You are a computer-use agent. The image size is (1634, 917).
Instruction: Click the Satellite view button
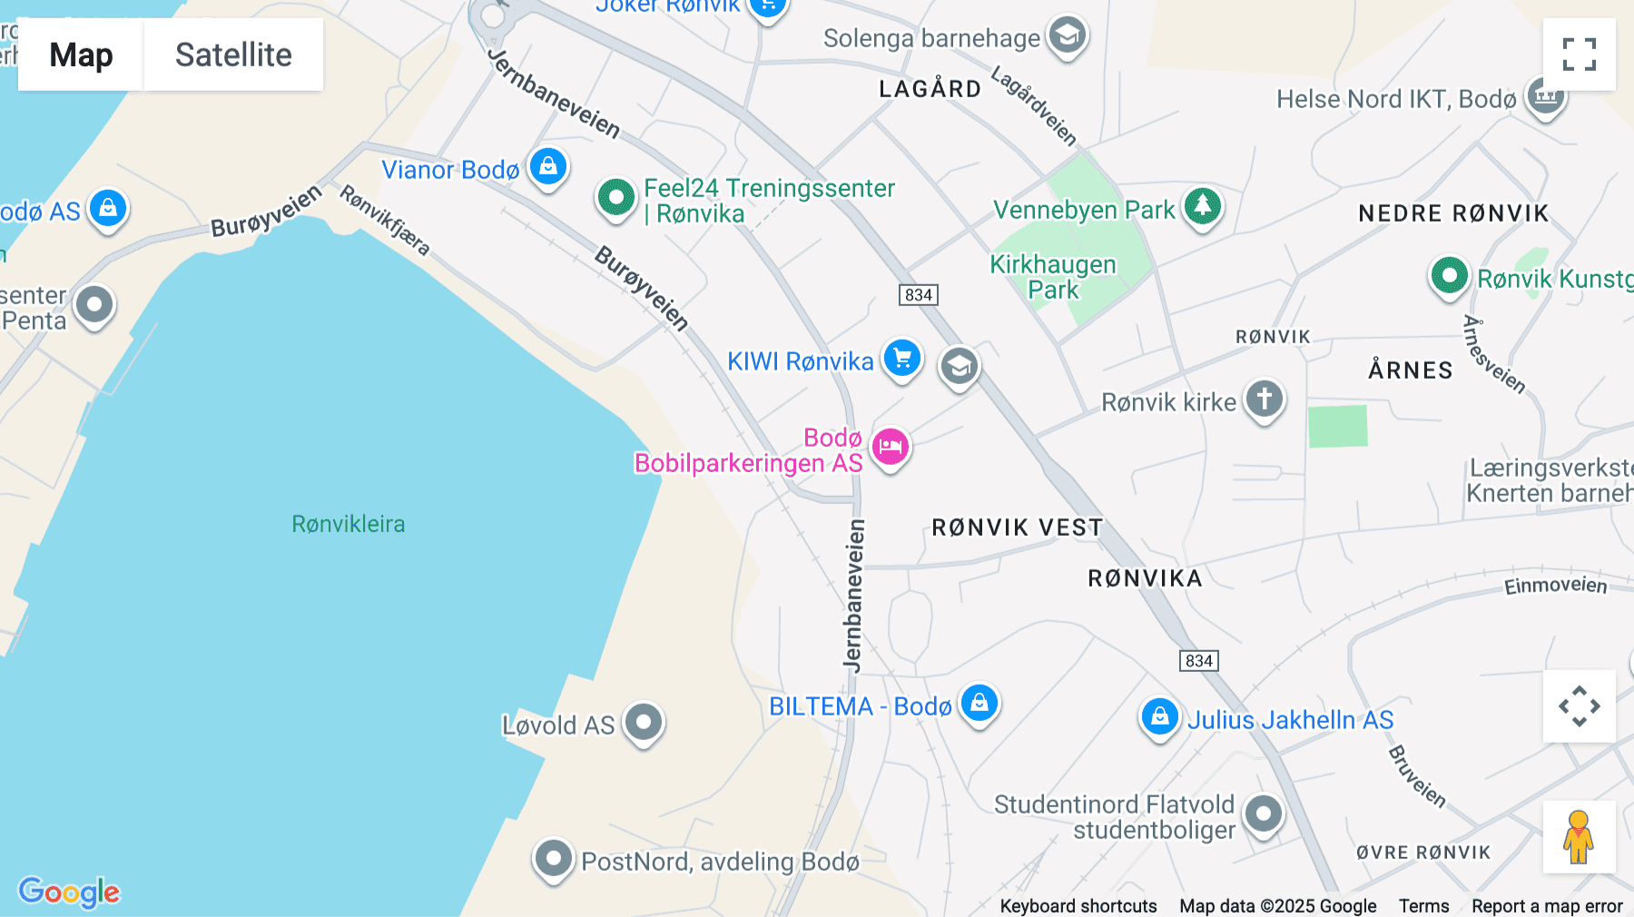point(233,54)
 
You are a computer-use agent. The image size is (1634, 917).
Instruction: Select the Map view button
point(81,54)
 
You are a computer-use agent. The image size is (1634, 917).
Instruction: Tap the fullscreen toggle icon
point(1579,54)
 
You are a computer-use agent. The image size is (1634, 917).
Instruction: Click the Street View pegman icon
point(1579,836)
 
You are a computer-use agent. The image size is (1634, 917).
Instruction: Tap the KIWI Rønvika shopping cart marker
point(901,358)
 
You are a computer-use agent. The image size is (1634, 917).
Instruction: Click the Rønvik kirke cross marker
point(1265,399)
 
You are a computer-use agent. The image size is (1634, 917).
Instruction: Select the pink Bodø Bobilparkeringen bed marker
point(891,447)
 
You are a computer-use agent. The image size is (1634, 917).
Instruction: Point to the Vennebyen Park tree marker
point(1203,206)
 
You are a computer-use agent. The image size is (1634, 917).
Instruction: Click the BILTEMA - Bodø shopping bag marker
point(979,703)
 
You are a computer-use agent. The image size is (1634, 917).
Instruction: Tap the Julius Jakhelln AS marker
point(1159,717)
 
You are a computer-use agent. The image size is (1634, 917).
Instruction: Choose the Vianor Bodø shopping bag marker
point(548,167)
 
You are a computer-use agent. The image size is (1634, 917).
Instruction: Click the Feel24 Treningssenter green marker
point(616,196)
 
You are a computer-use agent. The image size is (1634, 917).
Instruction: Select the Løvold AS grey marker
point(644,723)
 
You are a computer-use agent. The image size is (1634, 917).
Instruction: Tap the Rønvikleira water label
point(349,524)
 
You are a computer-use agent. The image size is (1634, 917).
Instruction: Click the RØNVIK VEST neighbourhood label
point(1017,528)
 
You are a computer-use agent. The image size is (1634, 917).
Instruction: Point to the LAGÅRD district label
point(930,89)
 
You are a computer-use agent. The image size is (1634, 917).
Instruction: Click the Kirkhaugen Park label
point(1053,277)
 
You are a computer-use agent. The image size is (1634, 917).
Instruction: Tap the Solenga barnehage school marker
point(1068,36)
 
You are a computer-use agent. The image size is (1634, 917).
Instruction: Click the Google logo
point(69,892)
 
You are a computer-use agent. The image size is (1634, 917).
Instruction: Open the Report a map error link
point(1547,906)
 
